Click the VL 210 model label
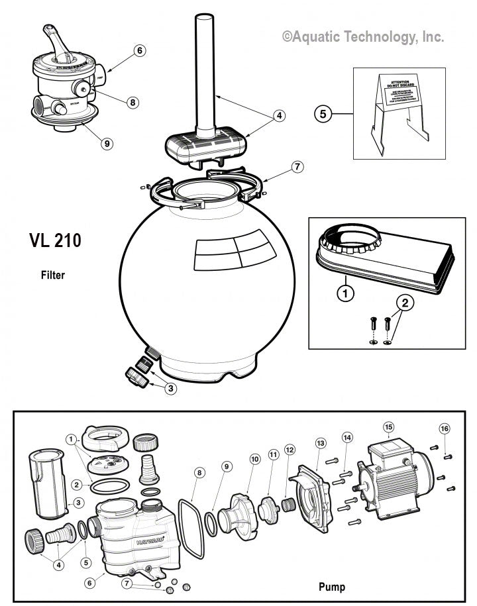55,240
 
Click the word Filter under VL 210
53,275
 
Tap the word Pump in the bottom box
332,586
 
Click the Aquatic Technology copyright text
363,38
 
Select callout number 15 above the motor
388,427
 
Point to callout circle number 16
445,428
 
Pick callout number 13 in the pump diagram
321,442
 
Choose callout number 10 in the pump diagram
254,459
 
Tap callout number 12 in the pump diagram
289,450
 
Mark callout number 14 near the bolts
347,438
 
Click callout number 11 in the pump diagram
273,454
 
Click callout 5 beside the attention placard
323,114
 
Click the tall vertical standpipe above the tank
203,66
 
